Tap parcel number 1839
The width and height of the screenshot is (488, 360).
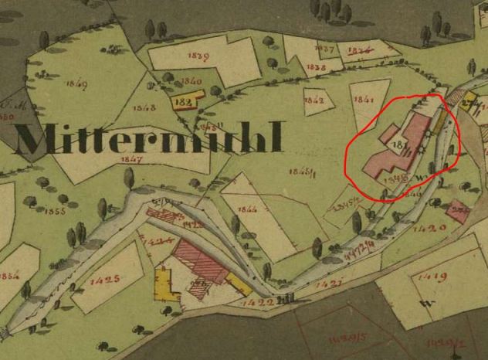click(198, 56)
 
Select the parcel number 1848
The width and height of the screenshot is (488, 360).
click(144, 107)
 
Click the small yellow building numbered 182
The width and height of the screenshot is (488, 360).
click(185, 101)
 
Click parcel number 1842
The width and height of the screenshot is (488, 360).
click(313, 100)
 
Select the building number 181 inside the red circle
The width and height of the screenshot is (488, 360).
click(400, 144)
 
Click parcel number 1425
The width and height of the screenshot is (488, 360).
click(105, 279)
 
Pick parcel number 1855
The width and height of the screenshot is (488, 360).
click(54, 210)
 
